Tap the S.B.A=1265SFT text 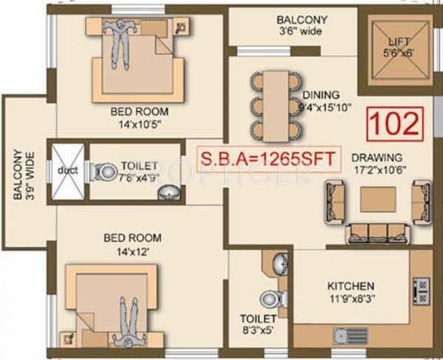[269, 157]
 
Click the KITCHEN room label [351, 286]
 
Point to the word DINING [320, 95]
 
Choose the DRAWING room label [377, 158]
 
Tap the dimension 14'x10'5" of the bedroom [140, 125]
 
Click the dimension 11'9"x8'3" [351, 300]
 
